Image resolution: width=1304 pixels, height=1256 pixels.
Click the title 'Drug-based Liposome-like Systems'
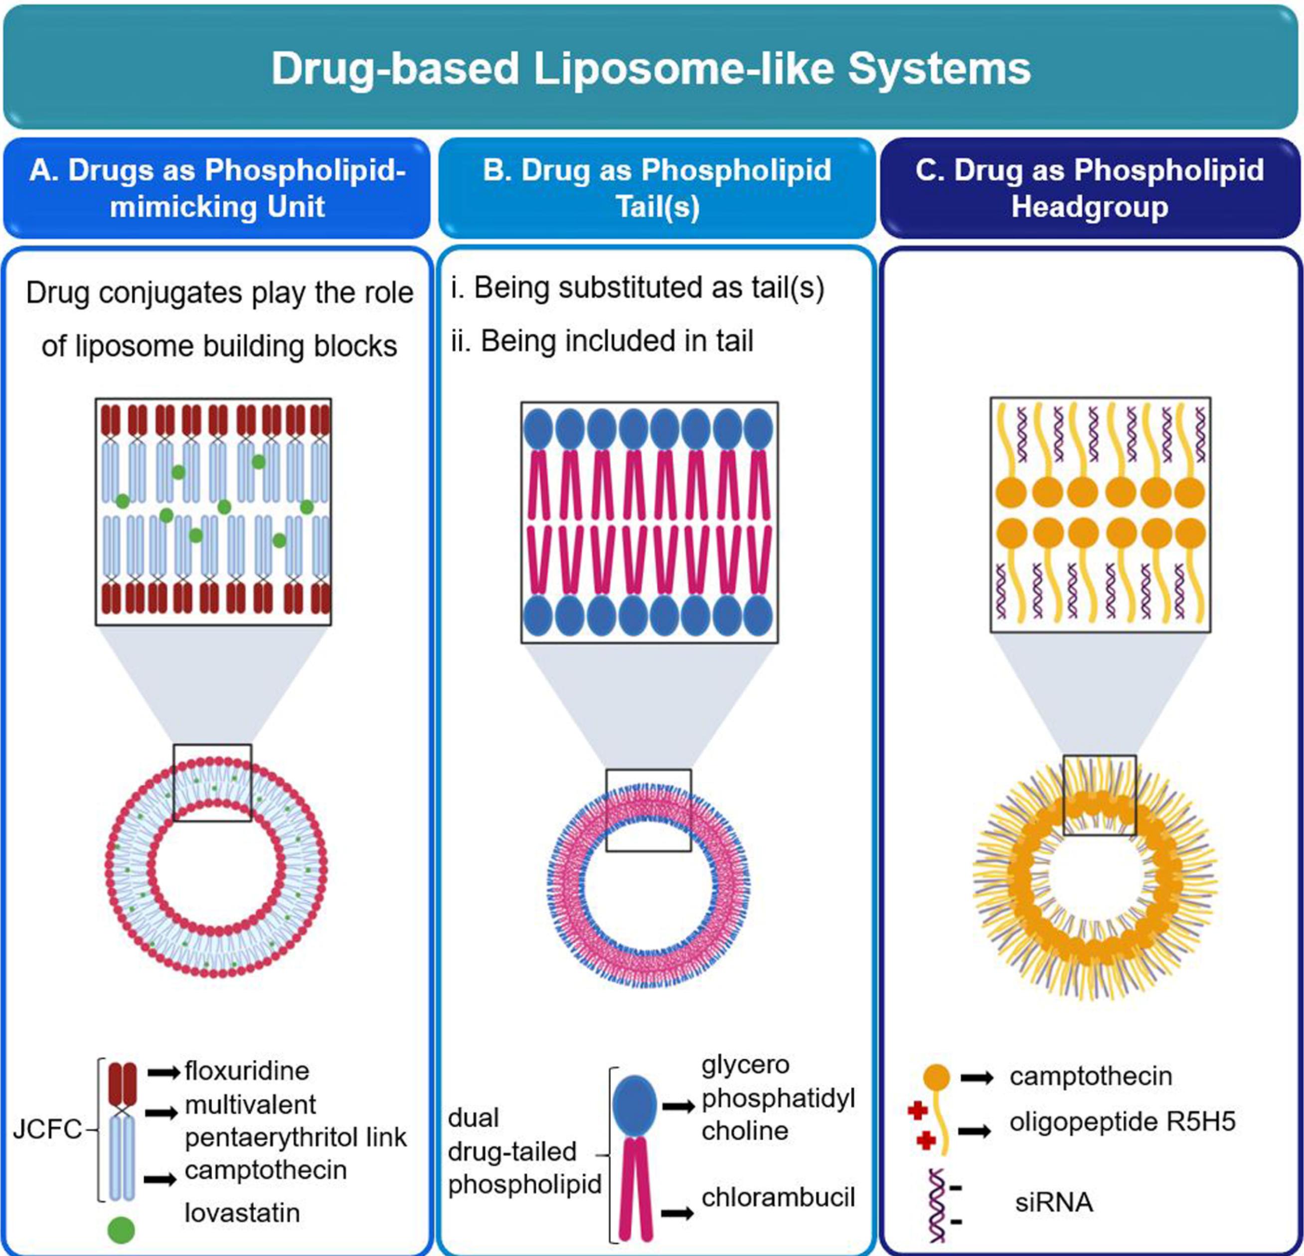[651, 68]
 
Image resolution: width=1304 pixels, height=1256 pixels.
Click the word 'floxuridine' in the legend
[247, 1071]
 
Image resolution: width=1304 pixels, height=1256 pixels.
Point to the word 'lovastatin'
[242, 1213]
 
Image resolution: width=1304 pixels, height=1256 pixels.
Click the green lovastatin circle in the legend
[121, 1230]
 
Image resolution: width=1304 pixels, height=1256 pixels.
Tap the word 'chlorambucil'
[778, 1198]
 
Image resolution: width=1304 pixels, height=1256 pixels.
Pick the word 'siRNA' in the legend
[1054, 1203]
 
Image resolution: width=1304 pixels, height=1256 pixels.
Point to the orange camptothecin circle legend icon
[936, 1077]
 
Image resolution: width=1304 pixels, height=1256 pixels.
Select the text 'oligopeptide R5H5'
[1122, 1121]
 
